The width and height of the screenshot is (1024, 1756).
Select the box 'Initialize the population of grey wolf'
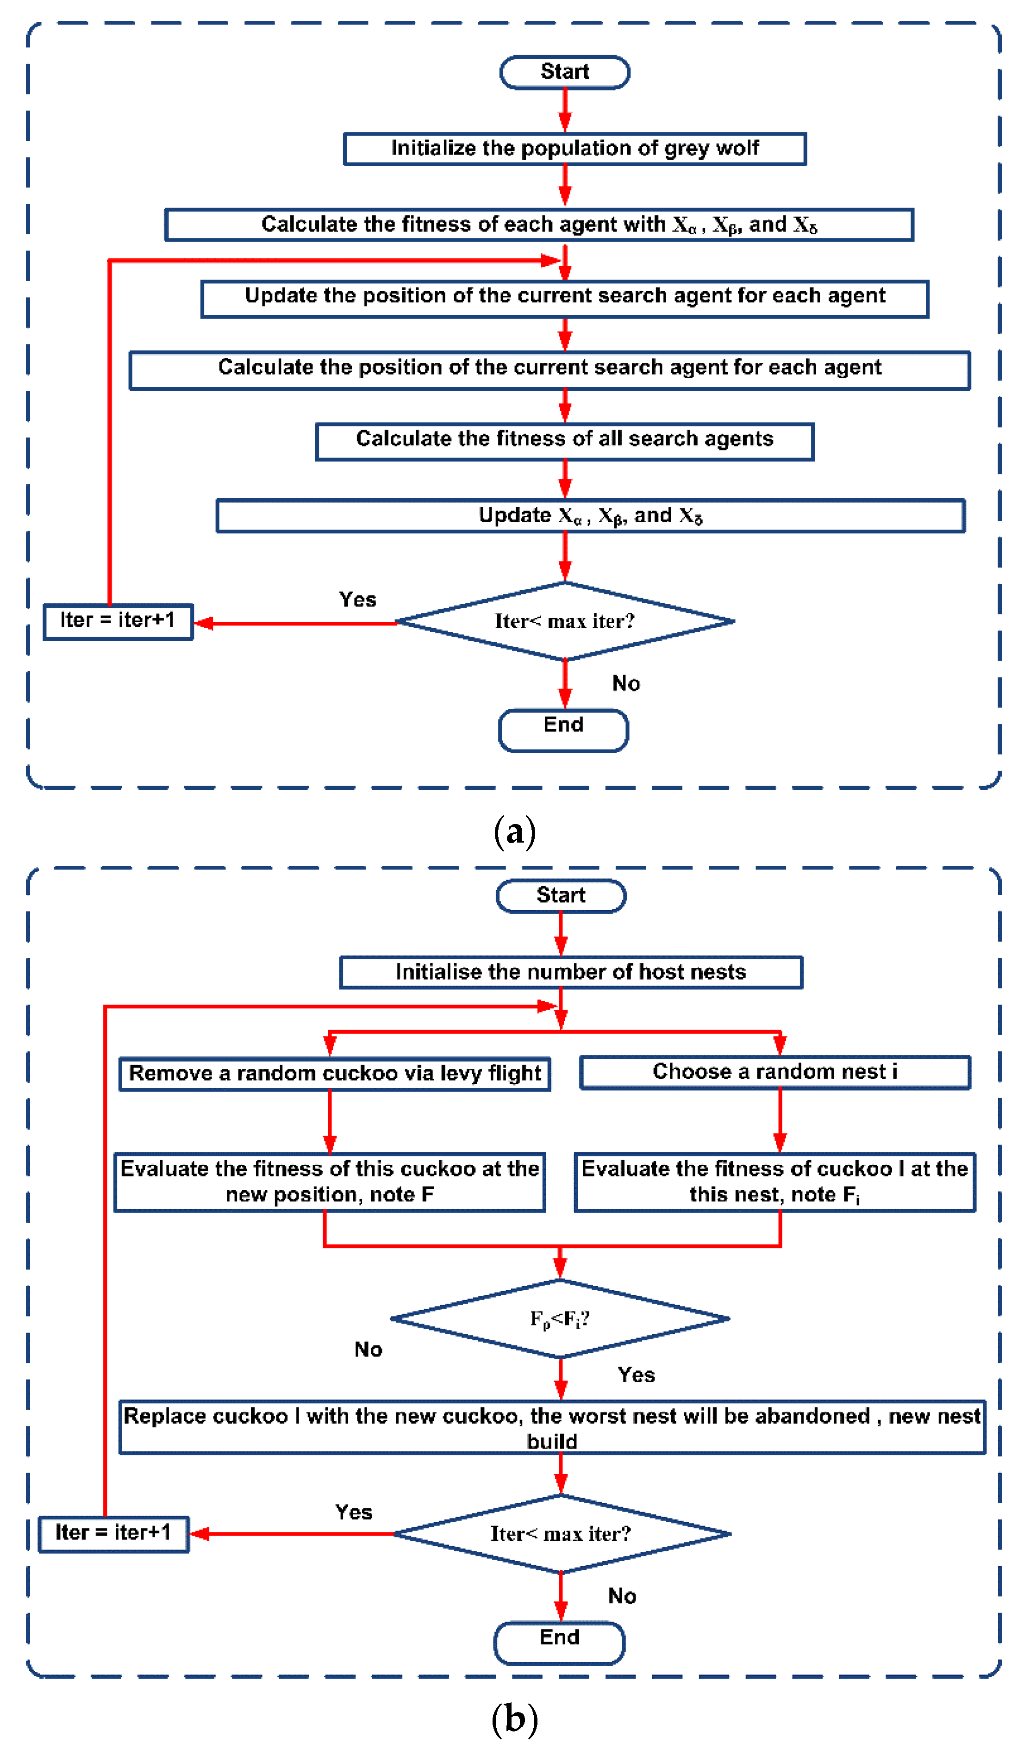pos(574,149)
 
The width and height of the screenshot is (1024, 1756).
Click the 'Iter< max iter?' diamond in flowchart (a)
pos(564,621)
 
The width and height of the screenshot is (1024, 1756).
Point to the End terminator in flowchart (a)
pos(563,730)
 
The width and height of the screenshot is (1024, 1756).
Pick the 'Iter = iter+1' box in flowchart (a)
pos(118,621)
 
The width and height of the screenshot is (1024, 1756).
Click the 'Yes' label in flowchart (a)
pos(357,599)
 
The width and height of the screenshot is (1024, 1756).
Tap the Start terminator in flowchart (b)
pos(561,895)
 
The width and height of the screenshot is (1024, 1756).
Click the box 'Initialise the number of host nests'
pos(570,972)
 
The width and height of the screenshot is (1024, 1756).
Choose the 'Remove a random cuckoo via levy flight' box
pos(334,1073)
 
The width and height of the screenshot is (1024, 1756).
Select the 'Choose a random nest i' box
pos(774,1072)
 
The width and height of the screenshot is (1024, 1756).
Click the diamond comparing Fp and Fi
pos(559,1319)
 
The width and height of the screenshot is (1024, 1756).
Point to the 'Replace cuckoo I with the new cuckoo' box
pos(552,1427)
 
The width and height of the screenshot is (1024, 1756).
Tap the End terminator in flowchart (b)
pos(559,1643)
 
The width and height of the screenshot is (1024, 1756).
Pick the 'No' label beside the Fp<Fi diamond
pos(368,1350)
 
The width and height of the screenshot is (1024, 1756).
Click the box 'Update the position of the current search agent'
pos(564,298)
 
